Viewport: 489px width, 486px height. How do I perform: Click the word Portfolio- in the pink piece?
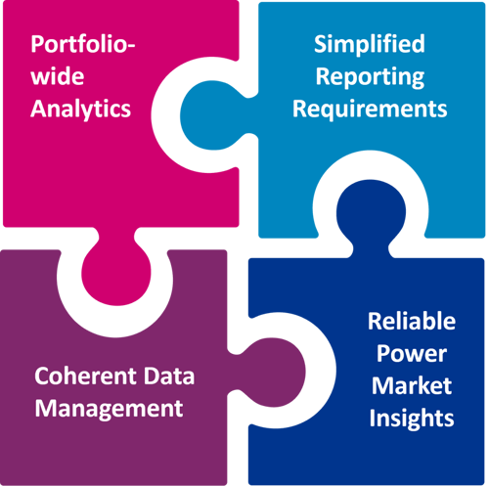click(83, 44)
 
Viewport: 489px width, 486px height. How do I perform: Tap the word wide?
click(58, 76)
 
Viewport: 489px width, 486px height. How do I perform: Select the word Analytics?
click(80, 109)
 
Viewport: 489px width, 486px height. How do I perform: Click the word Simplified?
click(370, 44)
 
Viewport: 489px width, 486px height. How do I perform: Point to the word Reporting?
click(370, 77)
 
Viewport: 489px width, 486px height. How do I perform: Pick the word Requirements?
click(370, 109)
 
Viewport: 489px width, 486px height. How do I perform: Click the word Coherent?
click(85, 376)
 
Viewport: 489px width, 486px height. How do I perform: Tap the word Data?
click(169, 376)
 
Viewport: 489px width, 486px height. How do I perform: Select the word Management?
click(109, 409)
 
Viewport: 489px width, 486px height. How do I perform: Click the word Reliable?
click(412, 321)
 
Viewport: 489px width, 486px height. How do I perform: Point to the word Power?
click(412, 353)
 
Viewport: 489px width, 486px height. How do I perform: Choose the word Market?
click(412, 385)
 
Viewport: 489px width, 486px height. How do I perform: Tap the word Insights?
click(412, 419)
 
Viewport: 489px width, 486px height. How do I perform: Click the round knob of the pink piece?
click(116, 272)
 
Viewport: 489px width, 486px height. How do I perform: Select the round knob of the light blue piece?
click(213, 115)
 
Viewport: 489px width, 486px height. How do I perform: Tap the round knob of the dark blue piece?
click(371, 212)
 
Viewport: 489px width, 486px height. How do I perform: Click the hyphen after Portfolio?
click(130, 46)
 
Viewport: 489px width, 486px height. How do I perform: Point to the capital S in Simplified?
click(320, 44)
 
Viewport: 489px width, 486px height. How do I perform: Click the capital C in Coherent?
click(42, 376)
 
